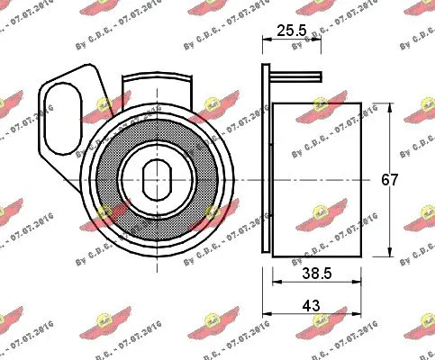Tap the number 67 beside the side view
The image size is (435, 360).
tap(389, 179)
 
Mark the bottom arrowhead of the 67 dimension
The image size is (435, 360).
tap(387, 254)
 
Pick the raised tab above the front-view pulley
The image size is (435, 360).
tap(159, 91)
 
